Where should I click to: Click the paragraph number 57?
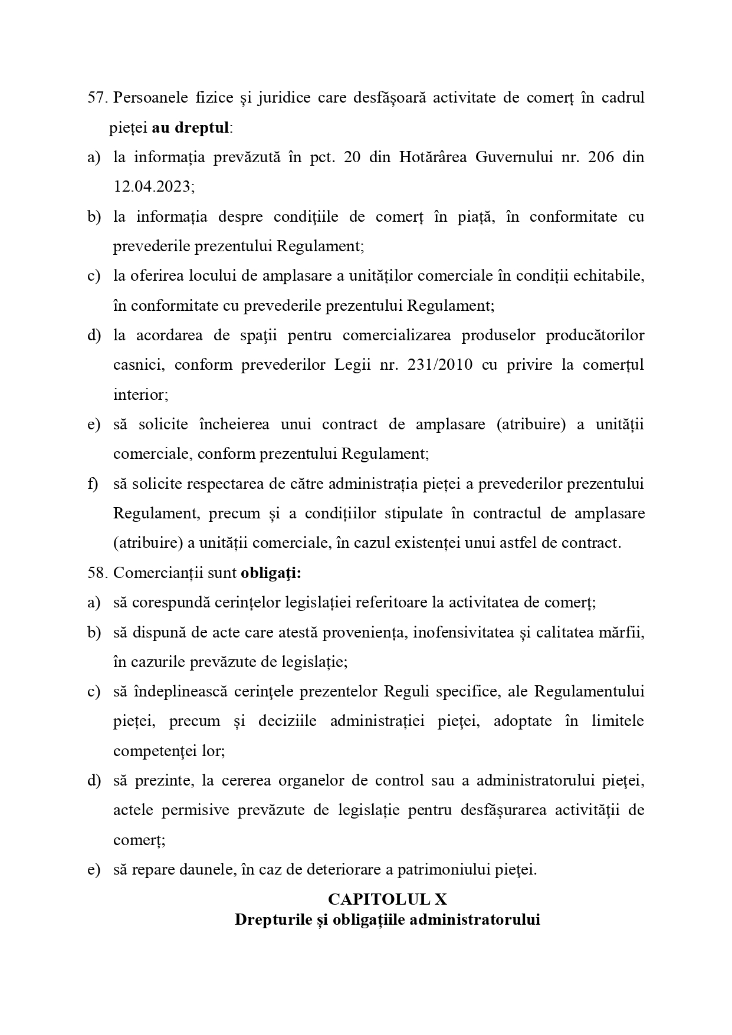pos(97,98)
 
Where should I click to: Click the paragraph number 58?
pos(97,573)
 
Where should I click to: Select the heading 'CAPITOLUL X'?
pos(387,899)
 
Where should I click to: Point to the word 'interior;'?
pos(140,395)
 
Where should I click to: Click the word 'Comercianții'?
pos(153,573)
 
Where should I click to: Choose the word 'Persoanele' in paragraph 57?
pos(149,98)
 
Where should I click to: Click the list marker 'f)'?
pos(93,484)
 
